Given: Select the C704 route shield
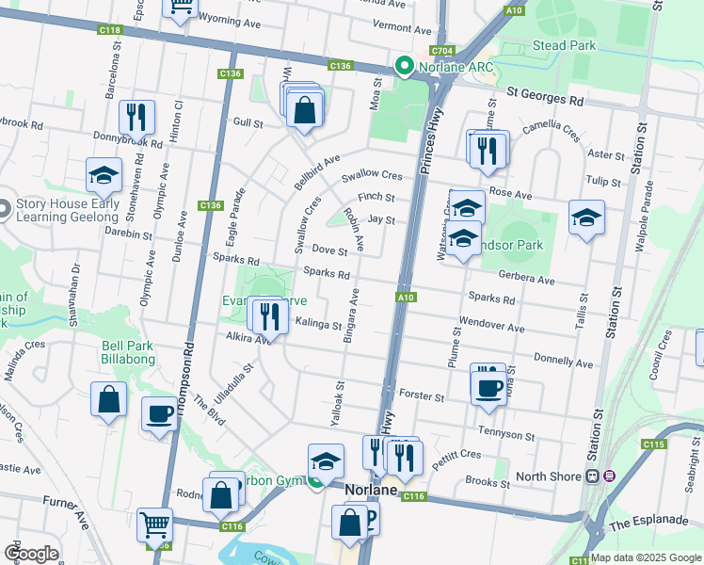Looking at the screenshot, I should coord(441,51).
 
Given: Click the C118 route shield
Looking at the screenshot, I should coord(110,31).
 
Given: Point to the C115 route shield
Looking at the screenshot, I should coord(654,444).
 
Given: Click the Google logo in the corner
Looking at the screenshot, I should coord(31,553).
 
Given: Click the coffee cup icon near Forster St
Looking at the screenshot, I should coord(488,387).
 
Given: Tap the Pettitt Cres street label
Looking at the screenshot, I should coord(458,454).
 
